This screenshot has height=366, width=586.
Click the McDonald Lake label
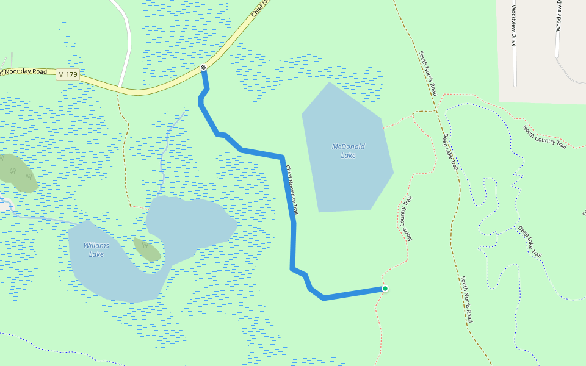pyautogui.click(x=348, y=151)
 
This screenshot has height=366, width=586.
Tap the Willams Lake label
pyautogui.click(x=96, y=249)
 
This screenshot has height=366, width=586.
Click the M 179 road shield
pyautogui.click(x=68, y=74)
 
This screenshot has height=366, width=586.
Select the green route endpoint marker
pyautogui.click(x=385, y=289)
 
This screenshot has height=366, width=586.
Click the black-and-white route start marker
pyautogui.click(x=203, y=67)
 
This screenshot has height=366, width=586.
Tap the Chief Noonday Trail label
pyautogui.click(x=292, y=189)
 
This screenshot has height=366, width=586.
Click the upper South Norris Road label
pyautogui.click(x=428, y=73)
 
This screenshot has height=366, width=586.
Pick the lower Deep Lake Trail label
pyautogui.click(x=530, y=241)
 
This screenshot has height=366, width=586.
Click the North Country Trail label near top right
pyautogui.click(x=544, y=136)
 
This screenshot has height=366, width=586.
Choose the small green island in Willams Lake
pyautogui.click(x=147, y=249)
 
